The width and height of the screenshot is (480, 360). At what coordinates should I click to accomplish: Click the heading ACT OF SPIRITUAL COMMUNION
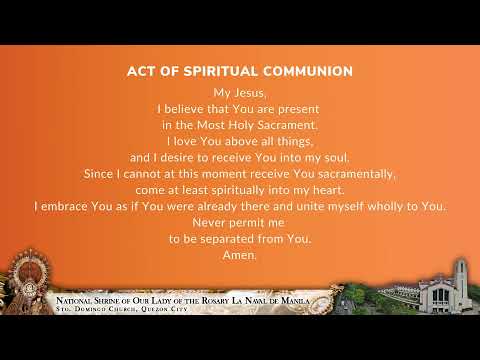(240, 72)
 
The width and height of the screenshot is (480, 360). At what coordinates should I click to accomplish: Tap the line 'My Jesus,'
(239, 93)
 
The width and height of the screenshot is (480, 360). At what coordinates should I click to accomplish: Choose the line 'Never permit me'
(240, 222)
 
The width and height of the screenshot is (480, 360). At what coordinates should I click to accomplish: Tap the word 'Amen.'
(240, 254)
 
